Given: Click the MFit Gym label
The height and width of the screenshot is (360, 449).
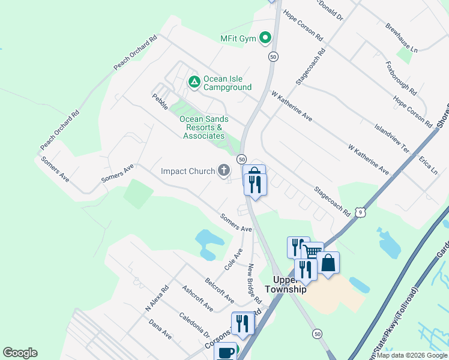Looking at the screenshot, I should click(238, 39).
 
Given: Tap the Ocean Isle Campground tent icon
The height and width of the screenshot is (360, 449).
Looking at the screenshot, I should click(194, 82).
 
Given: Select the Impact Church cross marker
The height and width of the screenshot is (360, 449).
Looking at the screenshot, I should click(224, 172).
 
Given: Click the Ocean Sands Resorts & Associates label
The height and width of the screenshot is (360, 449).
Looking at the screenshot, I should click(204, 127).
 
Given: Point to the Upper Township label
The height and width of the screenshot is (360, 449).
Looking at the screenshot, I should click(289, 284).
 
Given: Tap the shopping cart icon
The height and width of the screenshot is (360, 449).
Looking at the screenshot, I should click(313, 252).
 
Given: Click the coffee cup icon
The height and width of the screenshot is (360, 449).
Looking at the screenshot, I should click(226, 352).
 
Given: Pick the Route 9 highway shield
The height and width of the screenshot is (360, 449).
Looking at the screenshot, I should click(360, 211).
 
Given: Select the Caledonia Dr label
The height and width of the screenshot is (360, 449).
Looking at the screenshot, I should click(194, 325).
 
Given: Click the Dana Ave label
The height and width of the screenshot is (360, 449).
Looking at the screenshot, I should click(160, 329).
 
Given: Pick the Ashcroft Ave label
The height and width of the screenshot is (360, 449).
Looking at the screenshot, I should click(197, 298).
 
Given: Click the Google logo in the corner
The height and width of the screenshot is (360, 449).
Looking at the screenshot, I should click(20, 353).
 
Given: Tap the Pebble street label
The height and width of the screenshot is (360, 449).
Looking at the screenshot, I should click(160, 101).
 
